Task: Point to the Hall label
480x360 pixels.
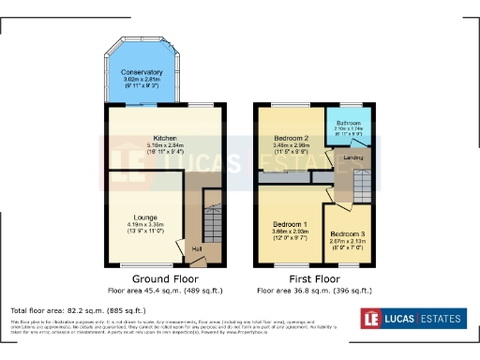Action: coord(197,248)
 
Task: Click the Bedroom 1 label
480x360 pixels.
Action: coord(290,225)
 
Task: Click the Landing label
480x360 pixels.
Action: coord(353,157)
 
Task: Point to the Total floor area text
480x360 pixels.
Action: coord(78,310)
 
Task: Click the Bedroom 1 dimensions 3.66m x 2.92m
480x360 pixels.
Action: coord(290,232)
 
